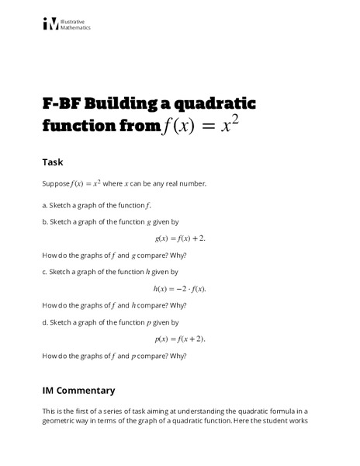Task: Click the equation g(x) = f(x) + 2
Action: point(180,238)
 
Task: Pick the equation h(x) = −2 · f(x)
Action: point(180,288)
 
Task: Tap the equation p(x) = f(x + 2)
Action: point(180,339)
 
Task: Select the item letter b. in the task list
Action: point(45,221)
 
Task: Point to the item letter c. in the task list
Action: point(45,272)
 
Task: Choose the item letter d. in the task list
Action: point(45,322)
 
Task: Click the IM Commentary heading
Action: point(78,390)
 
